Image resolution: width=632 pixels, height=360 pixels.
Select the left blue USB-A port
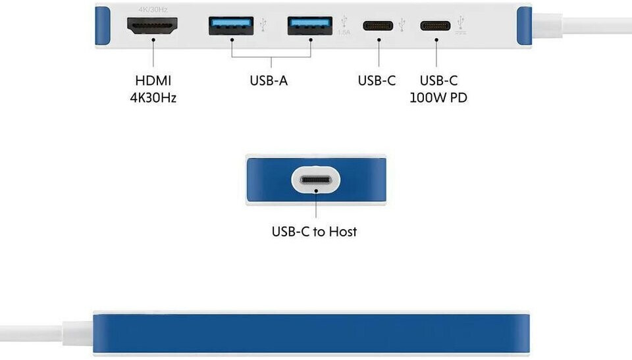231,26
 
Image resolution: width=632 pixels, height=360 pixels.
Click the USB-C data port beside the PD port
380,27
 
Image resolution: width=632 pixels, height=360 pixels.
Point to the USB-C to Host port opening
316,180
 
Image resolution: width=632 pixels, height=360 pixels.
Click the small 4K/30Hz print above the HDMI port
152,9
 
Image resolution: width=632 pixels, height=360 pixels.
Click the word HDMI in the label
153,81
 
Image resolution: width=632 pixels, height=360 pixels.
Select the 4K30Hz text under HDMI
153,98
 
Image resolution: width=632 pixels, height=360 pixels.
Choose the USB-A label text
269,81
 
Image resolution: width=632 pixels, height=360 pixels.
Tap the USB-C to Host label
314,232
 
